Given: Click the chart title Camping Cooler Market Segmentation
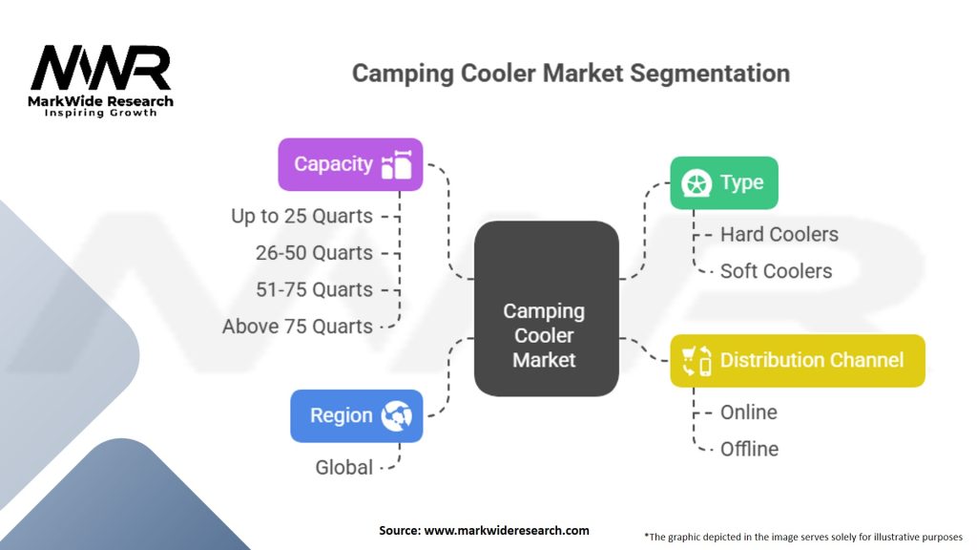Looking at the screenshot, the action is pyautogui.click(x=571, y=74).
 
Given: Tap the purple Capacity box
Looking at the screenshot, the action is pyautogui.click(x=350, y=164).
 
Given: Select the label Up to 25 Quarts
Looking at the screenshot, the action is pyautogui.click(x=301, y=217).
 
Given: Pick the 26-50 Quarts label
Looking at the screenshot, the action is pyautogui.click(x=314, y=253).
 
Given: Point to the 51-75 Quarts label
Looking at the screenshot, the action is pyautogui.click(x=314, y=289).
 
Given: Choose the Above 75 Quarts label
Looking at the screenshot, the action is pyautogui.click(x=298, y=327).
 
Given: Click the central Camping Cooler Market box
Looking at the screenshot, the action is pyautogui.click(x=546, y=335).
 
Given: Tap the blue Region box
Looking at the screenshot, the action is pyautogui.click(x=356, y=415).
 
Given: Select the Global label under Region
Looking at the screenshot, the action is pyautogui.click(x=344, y=468).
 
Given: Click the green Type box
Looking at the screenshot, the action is pyautogui.click(x=723, y=182).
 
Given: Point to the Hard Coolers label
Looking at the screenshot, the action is pyautogui.click(x=779, y=235).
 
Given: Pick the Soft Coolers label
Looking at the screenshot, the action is pyautogui.click(x=776, y=271).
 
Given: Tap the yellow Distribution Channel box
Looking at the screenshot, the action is pyautogui.click(x=798, y=360).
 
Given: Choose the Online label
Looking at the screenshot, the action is pyautogui.click(x=748, y=412).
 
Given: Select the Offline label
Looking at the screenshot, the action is pyautogui.click(x=749, y=449).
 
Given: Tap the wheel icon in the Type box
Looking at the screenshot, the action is pyautogui.click(x=695, y=182).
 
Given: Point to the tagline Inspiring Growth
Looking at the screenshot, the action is pyautogui.click(x=101, y=113).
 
